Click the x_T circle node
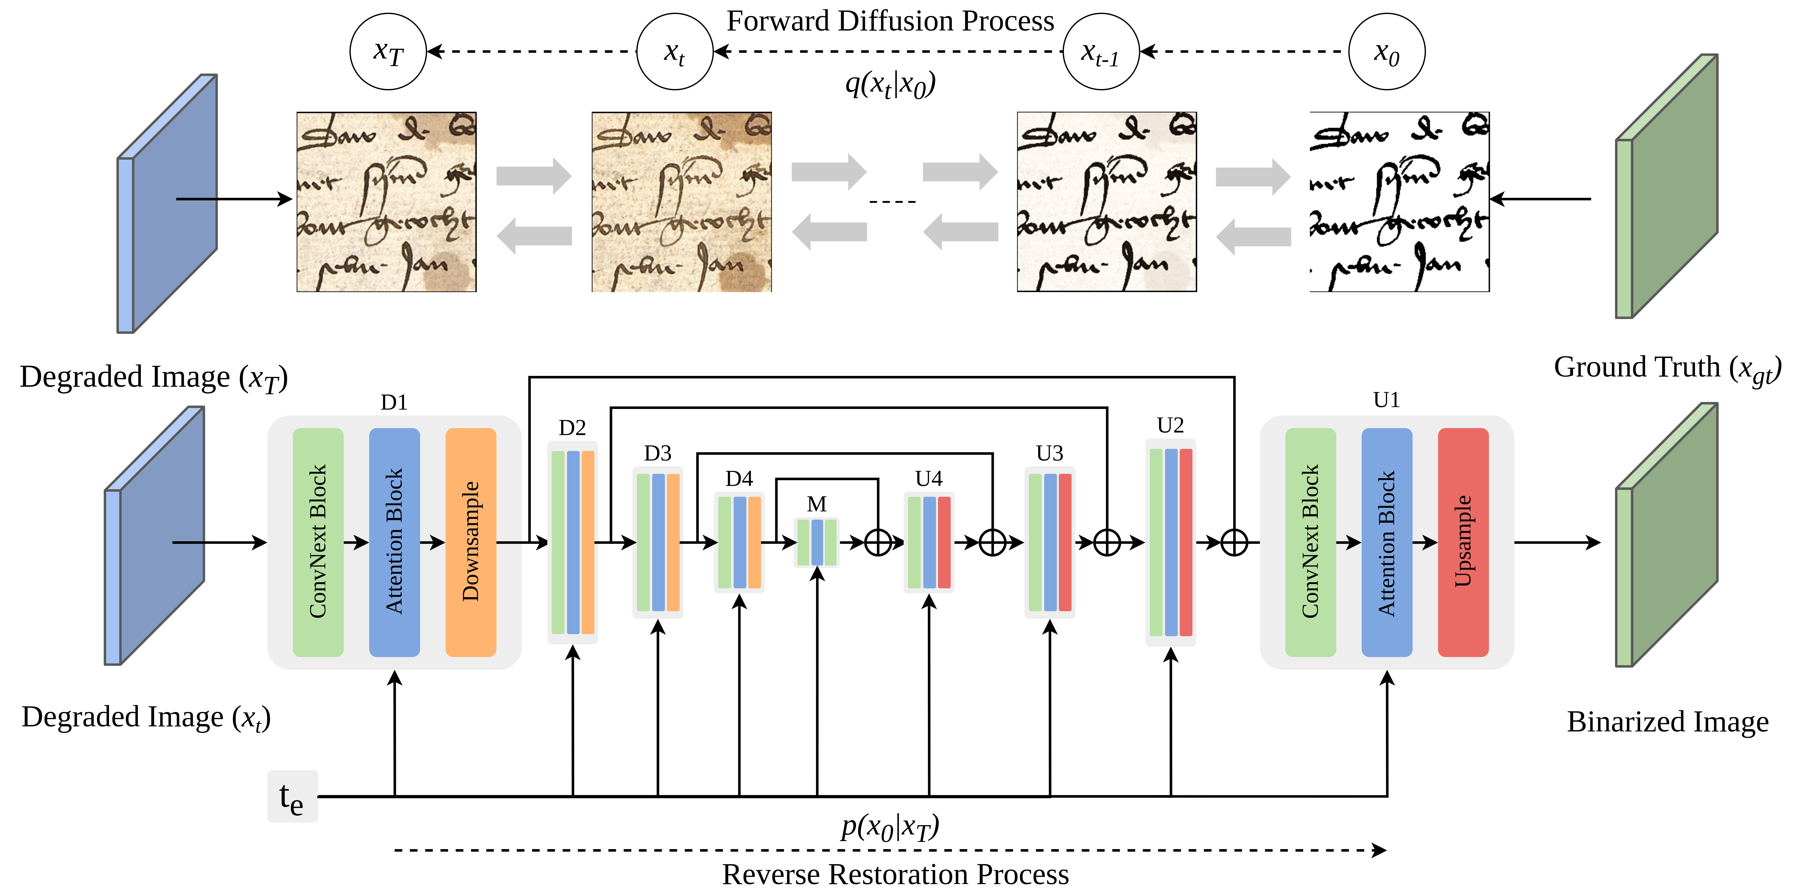[388, 52]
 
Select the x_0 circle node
[1386, 52]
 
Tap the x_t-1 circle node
[1100, 52]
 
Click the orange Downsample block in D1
[470, 542]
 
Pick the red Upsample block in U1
[1463, 542]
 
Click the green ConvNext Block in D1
[318, 542]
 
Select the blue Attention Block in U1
[1387, 542]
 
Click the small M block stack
[817, 542]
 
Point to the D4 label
[739, 479]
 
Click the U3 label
[1050, 453]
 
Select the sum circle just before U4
[878, 542]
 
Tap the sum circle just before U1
[1234, 542]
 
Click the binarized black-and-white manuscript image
[1399, 202]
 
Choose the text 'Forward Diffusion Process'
[890, 21]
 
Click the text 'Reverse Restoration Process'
[895, 875]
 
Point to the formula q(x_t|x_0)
[890, 85]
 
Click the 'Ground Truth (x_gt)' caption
[1667, 367]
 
